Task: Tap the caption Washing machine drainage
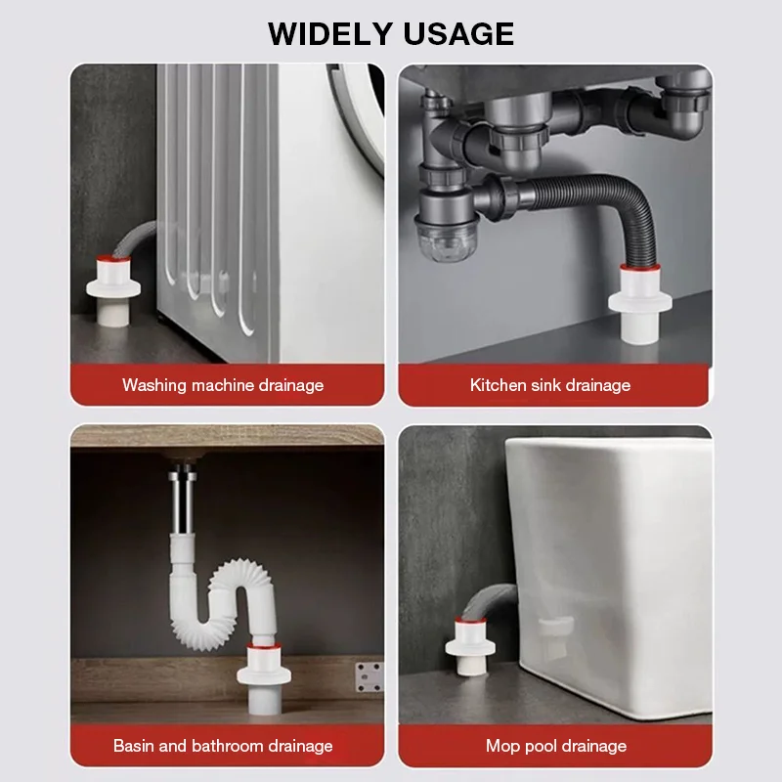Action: pos(223,385)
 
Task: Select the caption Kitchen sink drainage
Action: pos(550,385)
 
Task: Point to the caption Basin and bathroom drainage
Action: pos(223,746)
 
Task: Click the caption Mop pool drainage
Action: pos(556,746)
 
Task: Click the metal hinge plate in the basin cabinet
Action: pos(369,675)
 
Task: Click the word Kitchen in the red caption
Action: pos(499,385)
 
